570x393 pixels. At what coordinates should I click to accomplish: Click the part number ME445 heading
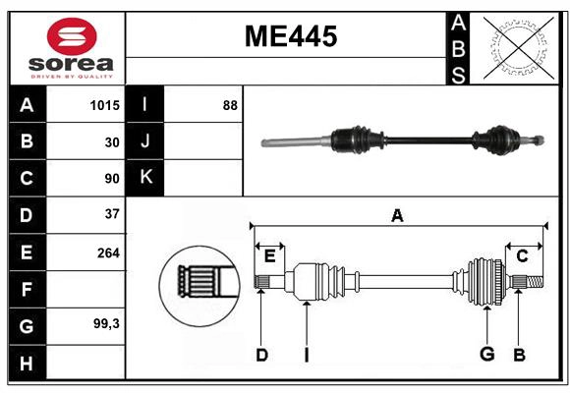[x=290, y=37]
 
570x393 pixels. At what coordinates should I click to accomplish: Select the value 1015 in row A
[x=104, y=105]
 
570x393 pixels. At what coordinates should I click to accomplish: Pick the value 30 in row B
[x=111, y=141]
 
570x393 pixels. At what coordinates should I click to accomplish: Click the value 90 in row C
[x=111, y=178]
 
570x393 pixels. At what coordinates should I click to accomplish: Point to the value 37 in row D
[x=111, y=214]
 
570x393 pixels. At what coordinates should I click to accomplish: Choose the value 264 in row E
[x=108, y=253]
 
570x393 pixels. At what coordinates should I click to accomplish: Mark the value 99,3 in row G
[x=105, y=324]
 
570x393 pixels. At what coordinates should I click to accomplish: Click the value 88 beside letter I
[x=229, y=105]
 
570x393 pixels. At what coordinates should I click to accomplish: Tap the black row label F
[x=27, y=289]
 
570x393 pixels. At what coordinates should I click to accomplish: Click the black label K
[x=145, y=178]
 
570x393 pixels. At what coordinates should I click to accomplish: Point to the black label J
[x=145, y=141]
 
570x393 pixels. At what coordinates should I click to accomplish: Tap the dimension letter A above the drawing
[x=397, y=215]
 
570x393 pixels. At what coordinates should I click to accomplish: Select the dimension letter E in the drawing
[x=268, y=256]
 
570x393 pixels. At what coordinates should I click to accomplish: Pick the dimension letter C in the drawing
[x=523, y=256]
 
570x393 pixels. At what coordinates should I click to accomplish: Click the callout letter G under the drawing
[x=486, y=355]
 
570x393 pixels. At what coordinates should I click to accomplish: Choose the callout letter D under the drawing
[x=261, y=355]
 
